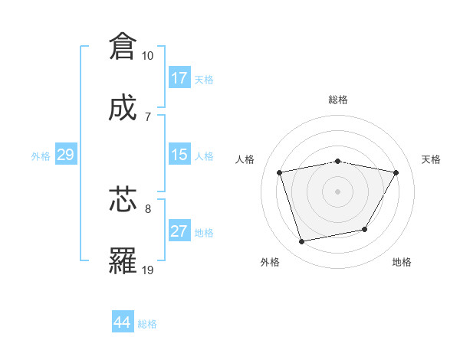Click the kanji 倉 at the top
(123, 47)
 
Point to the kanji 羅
(123, 260)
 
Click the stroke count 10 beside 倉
(147, 56)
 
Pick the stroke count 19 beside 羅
(147, 270)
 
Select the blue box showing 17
(179, 78)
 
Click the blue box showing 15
(179, 155)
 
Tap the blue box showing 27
(179, 231)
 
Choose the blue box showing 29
(65, 155)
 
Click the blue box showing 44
(122, 322)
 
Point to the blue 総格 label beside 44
(147, 324)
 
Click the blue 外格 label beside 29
(41, 156)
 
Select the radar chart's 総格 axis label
(337, 100)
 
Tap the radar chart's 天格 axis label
(432, 159)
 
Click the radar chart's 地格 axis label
(402, 262)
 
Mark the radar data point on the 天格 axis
(396, 172)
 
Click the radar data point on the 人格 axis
(280, 172)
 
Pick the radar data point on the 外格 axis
(302, 241)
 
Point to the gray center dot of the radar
(337, 191)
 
